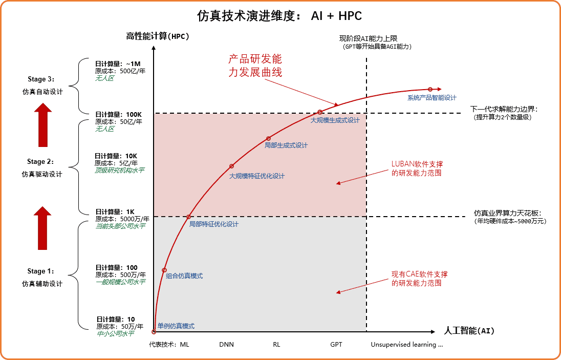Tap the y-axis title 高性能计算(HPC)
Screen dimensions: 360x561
(158, 36)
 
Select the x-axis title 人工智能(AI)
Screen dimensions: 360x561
(469, 330)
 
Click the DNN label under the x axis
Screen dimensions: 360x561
(226, 345)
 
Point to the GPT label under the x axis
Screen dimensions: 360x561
(336, 345)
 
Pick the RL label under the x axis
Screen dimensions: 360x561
(276, 345)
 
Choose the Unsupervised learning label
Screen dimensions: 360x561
(406, 345)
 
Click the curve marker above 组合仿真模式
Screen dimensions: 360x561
(164, 270)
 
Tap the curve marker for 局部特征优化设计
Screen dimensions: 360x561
(188, 217)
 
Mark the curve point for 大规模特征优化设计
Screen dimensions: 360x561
(231, 166)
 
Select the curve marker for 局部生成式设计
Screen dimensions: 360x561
(268, 138)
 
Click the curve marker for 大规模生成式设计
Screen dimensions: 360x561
(320, 112)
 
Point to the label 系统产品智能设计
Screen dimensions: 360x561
(431, 97)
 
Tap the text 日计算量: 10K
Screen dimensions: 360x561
(116, 156)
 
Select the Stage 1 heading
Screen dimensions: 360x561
(41, 271)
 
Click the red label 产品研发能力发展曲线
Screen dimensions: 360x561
(255, 66)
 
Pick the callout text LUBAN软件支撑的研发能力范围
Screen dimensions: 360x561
(417, 168)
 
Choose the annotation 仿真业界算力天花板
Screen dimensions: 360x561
(507, 214)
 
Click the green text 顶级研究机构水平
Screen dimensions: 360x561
(119, 171)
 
